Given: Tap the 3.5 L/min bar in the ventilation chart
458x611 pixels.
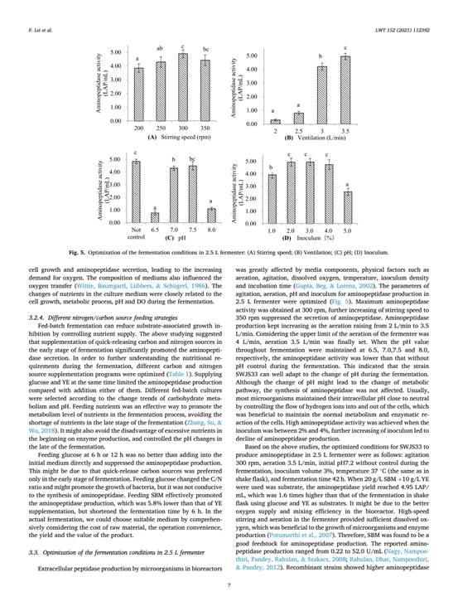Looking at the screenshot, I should pos(344,90).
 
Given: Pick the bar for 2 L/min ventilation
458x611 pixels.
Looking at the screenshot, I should pos(274,121).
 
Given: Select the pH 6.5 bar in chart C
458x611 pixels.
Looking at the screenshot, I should pos(154,217).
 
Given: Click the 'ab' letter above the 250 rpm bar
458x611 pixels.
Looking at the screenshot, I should pos(162,48).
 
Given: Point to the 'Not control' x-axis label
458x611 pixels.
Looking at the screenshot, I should pos(135,233).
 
